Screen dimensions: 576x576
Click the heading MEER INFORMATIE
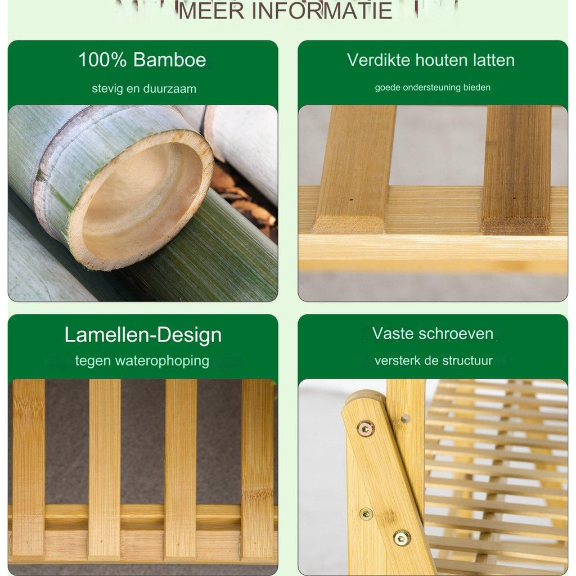[x=285, y=10]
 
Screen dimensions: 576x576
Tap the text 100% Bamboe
[x=142, y=60]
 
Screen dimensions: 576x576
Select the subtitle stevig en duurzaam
[x=144, y=88]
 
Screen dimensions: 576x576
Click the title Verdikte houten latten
[x=431, y=60]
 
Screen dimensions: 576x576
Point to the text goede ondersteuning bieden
[x=433, y=87]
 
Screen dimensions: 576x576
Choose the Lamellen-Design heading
[x=143, y=335]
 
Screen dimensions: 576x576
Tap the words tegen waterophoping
[x=142, y=361]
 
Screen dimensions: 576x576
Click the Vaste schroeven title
[x=433, y=334]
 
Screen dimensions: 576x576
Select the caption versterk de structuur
[x=434, y=361]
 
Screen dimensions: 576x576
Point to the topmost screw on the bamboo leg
[x=366, y=428]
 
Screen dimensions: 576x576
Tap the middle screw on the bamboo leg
[x=366, y=514]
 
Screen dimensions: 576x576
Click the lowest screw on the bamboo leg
[x=402, y=538]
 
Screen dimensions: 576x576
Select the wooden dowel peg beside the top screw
[x=405, y=418]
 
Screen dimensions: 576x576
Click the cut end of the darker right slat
[x=516, y=225]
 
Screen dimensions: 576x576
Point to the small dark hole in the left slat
[x=351, y=200]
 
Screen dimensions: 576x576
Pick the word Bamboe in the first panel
[x=170, y=60]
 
